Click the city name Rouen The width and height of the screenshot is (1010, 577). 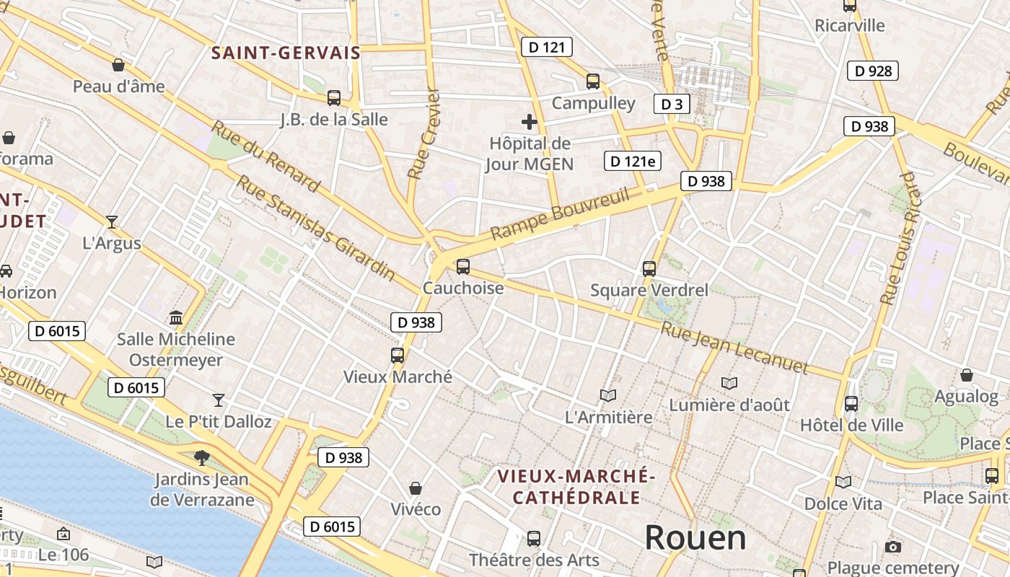click(695, 538)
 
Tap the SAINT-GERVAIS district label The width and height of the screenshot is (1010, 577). click(286, 53)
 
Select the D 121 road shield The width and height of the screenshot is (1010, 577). click(546, 48)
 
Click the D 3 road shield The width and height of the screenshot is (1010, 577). click(671, 105)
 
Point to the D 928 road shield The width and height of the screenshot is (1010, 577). click(873, 71)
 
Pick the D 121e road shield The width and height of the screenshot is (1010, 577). click(632, 162)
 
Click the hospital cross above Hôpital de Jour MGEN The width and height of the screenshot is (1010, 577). click(530, 122)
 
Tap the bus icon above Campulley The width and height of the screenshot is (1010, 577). click(593, 82)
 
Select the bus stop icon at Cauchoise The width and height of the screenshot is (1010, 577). click(463, 267)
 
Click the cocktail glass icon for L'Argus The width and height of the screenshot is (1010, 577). click(112, 221)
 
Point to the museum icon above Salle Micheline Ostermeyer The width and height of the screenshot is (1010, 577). click(175, 317)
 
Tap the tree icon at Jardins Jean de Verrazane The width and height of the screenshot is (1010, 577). click(202, 457)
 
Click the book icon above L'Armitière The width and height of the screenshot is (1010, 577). click(608, 395)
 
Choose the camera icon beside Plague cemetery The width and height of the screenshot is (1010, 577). click(893, 547)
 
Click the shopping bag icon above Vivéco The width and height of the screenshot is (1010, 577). click(415, 488)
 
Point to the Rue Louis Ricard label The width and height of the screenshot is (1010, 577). click(902, 238)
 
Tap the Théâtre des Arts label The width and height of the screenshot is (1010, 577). click(534, 560)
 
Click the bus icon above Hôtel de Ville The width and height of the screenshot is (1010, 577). click(851, 404)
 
